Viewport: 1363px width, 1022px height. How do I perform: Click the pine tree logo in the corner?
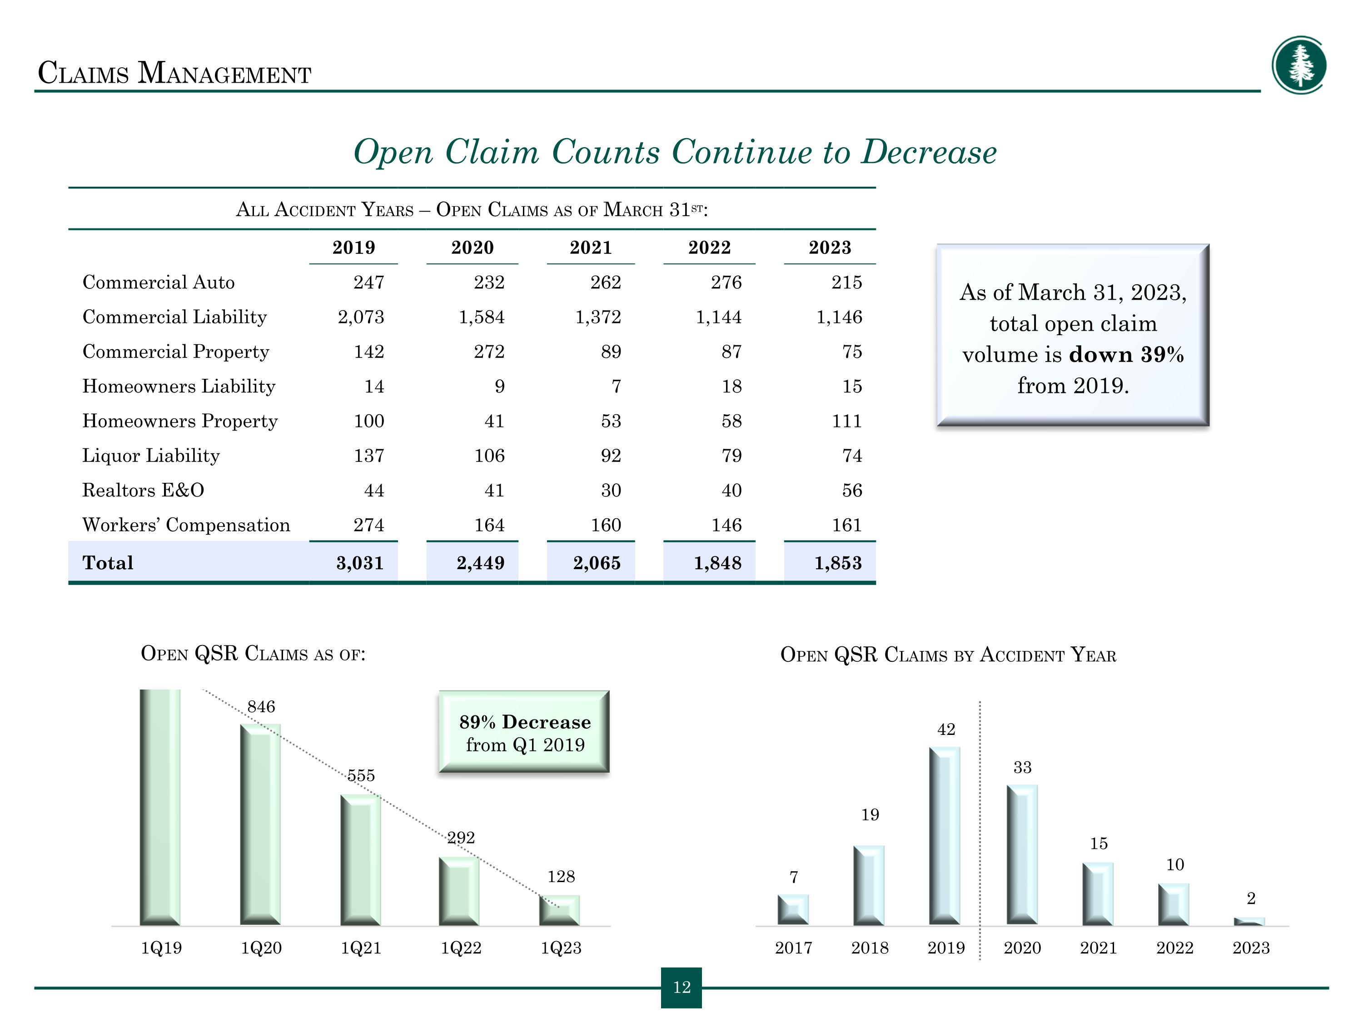click(1299, 65)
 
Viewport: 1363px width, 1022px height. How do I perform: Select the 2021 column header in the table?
click(590, 248)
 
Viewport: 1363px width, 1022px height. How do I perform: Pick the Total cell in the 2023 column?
click(838, 563)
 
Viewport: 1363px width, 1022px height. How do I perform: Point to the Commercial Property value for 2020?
click(489, 352)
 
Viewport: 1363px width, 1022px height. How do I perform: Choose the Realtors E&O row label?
click(143, 491)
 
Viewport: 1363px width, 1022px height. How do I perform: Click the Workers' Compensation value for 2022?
click(726, 525)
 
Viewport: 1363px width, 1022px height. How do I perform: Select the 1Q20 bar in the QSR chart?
click(260, 824)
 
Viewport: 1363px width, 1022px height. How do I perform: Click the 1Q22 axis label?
click(461, 948)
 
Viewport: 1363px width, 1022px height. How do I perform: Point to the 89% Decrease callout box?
click(524, 732)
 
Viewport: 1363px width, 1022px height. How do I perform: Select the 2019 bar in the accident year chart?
click(945, 835)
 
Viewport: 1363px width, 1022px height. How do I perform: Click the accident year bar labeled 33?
click(1022, 854)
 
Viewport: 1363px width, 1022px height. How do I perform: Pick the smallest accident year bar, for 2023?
click(1249, 922)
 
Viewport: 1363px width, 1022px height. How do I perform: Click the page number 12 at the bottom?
click(681, 987)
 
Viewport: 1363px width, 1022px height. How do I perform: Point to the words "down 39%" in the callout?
click(1126, 355)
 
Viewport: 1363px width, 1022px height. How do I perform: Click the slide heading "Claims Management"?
click(174, 73)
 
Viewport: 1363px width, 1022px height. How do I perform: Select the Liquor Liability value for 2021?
click(611, 456)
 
